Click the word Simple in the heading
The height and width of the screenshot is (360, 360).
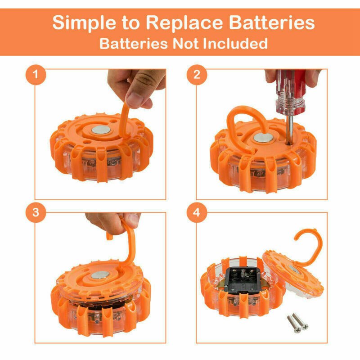coord(85,23)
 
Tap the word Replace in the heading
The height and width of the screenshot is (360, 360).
coord(184,23)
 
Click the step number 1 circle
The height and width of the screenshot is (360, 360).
coord(36,75)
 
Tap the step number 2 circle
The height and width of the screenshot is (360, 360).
coord(197,75)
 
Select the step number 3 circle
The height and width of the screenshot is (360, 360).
coord(36,212)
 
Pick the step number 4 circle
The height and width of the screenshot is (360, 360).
coord(197,212)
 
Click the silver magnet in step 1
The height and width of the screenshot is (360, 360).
coord(101,130)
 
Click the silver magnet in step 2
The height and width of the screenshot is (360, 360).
coord(263,138)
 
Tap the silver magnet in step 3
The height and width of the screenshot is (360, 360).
coord(100,275)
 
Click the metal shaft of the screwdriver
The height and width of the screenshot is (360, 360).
coord(290,130)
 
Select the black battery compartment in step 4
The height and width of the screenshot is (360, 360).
coord(243,280)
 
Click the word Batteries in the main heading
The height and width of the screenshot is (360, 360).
coord(272,23)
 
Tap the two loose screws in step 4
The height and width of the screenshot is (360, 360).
coord(298,323)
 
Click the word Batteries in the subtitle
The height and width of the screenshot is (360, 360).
coord(134,43)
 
